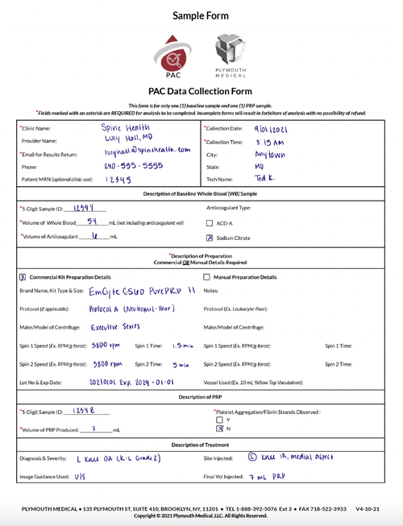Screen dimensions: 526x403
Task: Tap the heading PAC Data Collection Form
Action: [x=201, y=92]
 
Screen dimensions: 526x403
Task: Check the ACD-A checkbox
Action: [x=210, y=222]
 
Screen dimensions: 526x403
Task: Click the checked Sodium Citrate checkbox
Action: [x=210, y=238]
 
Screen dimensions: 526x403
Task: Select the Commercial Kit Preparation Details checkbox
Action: [x=22, y=276]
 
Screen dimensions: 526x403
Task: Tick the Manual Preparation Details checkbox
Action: [x=207, y=276]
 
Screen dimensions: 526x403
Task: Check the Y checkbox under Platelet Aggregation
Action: [x=218, y=420]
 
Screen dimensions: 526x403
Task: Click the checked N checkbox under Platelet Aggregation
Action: [x=218, y=429]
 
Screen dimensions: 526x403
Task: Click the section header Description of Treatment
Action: [x=201, y=445]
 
